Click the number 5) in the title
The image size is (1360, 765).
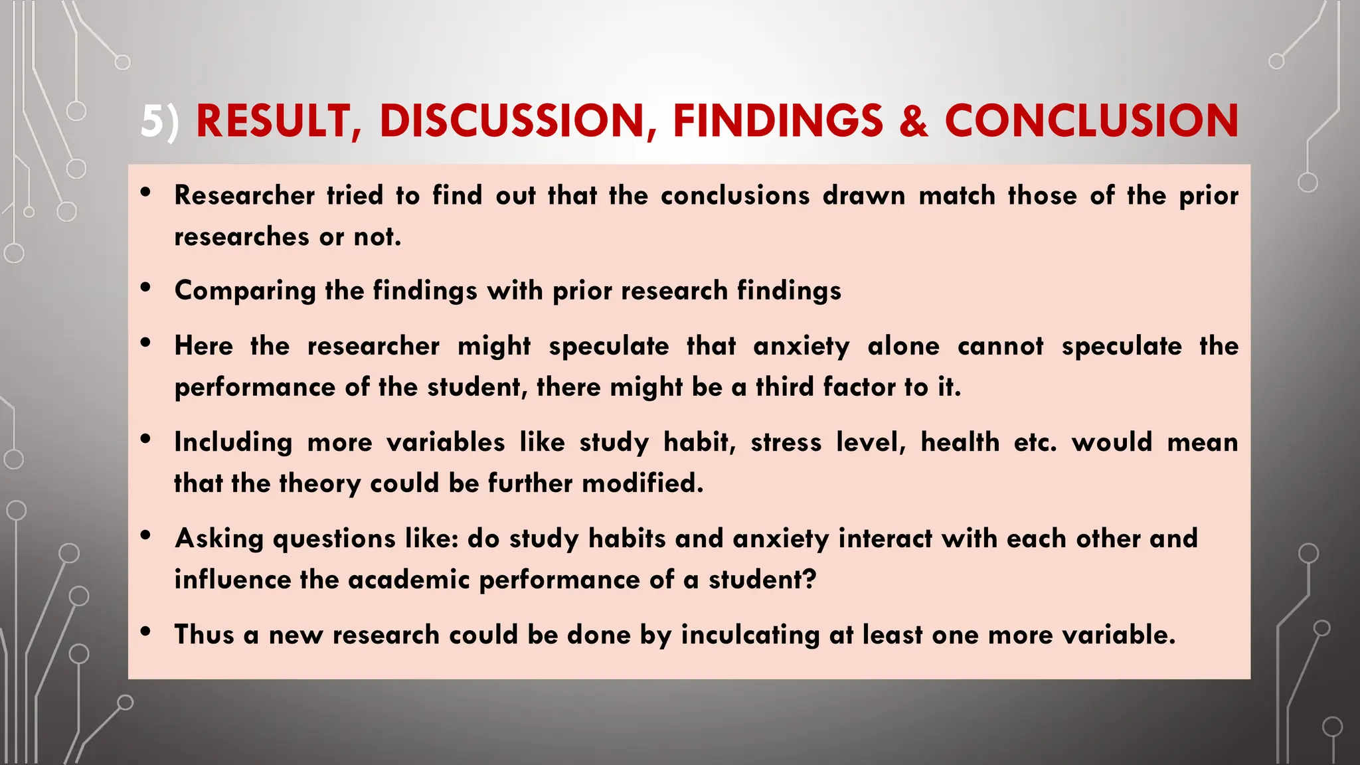pyautogui.click(x=159, y=122)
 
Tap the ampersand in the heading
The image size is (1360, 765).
pyautogui.click(x=914, y=122)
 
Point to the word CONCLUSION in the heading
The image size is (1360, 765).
pyautogui.click(x=1091, y=122)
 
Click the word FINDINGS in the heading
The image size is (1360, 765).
pyautogui.click(x=778, y=122)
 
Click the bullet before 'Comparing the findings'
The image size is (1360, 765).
pyautogui.click(x=146, y=288)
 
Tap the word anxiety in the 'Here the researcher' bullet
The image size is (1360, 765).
pyautogui.click(x=801, y=347)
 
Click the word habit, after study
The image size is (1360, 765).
pyautogui.click(x=700, y=443)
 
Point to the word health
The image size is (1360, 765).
pyautogui.click(x=960, y=442)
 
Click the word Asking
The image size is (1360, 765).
pyautogui.click(x=219, y=539)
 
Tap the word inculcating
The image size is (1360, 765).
pyautogui.click(x=750, y=636)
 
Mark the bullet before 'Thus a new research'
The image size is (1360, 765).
pyautogui.click(x=146, y=632)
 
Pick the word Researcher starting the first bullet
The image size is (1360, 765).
pyautogui.click(x=244, y=196)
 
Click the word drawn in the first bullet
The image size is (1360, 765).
pyautogui.click(x=863, y=196)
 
